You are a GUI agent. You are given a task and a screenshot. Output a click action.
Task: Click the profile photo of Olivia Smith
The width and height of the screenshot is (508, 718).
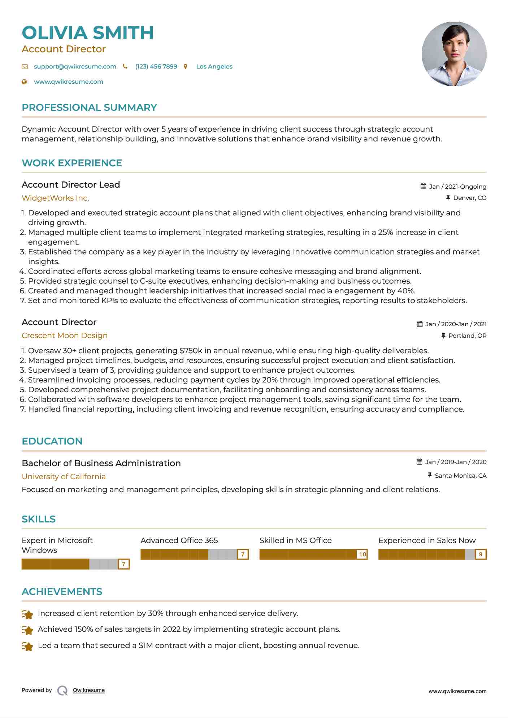pyautogui.click(x=454, y=54)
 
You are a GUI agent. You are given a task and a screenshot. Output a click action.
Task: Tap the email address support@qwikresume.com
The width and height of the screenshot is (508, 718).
pyautogui.click(x=75, y=66)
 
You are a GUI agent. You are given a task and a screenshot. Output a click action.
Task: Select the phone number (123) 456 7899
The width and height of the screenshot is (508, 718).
pyautogui.click(x=156, y=66)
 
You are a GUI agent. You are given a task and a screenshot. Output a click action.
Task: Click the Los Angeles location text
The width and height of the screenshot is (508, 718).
pyautogui.click(x=214, y=66)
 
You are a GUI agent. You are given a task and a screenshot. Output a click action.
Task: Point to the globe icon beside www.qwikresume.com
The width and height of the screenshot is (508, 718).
pyautogui.click(x=24, y=82)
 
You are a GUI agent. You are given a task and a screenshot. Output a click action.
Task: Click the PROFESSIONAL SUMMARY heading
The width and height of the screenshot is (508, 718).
pyautogui.click(x=89, y=108)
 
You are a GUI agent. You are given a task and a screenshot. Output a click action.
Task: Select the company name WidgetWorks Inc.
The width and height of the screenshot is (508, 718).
pyautogui.click(x=55, y=198)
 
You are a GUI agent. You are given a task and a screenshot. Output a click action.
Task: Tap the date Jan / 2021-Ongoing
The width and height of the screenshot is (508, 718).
pyautogui.click(x=457, y=187)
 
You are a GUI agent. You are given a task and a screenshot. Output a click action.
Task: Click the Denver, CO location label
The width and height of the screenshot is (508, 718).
pyautogui.click(x=469, y=198)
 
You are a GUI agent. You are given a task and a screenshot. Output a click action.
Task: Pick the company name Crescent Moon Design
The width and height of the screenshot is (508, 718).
pyautogui.click(x=65, y=336)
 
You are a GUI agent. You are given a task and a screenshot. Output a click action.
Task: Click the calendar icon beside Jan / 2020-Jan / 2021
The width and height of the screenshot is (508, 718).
pyautogui.click(x=420, y=324)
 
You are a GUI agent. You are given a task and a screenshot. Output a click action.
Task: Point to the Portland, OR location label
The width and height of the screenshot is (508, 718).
pyautogui.click(x=467, y=336)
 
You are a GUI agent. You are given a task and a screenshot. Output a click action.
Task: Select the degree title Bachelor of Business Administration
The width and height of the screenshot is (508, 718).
pyautogui.click(x=101, y=463)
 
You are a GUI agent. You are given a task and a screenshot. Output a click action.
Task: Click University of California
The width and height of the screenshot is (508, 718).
pyautogui.click(x=64, y=477)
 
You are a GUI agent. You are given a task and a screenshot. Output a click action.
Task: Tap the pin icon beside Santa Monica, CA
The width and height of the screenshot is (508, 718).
pyautogui.click(x=430, y=476)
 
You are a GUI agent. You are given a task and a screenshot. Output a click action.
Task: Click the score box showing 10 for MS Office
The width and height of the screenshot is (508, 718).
pyautogui.click(x=362, y=554)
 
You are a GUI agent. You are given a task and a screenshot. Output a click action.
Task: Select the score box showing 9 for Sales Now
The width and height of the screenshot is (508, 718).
pyautogui.click(x=481, y=554)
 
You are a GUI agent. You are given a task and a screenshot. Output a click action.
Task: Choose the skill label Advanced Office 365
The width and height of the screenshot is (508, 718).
pyautogui.click(x=179, y=540)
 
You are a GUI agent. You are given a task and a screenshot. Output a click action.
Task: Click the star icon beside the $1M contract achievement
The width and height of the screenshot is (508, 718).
pyautogui.click(x=27, y=646)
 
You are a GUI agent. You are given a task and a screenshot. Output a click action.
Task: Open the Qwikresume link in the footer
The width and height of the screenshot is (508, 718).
pyautogui.click(x=89, y=690)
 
